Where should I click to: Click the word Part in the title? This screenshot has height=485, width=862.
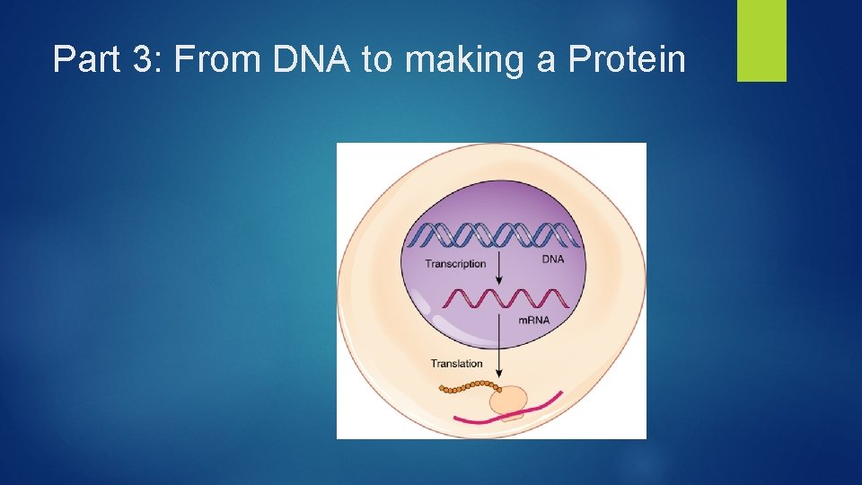[x=84, y=60]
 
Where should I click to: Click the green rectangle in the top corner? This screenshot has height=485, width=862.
[x=761, y=40]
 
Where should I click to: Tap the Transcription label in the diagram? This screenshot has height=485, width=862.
[x=455, y=264]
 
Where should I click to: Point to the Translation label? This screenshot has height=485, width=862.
[x=456, y=364]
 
